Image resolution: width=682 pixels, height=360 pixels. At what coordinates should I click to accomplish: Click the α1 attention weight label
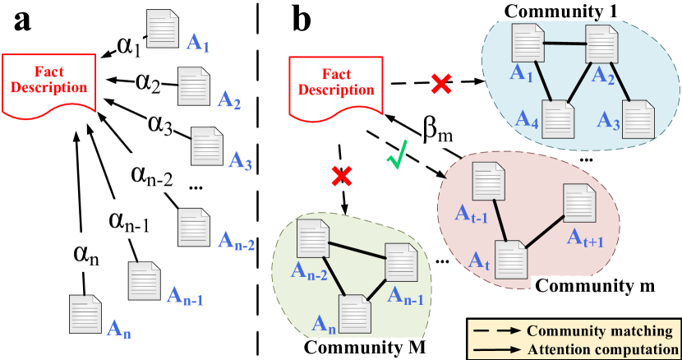pyautogui.click(x=129, y=47)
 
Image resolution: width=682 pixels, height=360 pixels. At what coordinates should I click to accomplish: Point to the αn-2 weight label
pyautogui.click(x=152, y=174)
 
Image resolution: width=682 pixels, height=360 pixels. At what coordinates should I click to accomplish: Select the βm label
pyautogui.click(x=438, y=130)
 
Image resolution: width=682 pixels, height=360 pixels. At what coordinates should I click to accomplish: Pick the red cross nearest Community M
pyautogui.click(x=342, y=175)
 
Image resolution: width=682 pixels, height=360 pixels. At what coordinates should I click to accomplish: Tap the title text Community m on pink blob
pyautogui.click(x=596, y=285)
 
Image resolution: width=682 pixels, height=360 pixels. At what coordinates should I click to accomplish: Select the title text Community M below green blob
pyautogui.click(x=365, y=346)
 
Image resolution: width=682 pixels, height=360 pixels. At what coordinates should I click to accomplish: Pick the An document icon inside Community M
pyautogui.click(x=355, y=313)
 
